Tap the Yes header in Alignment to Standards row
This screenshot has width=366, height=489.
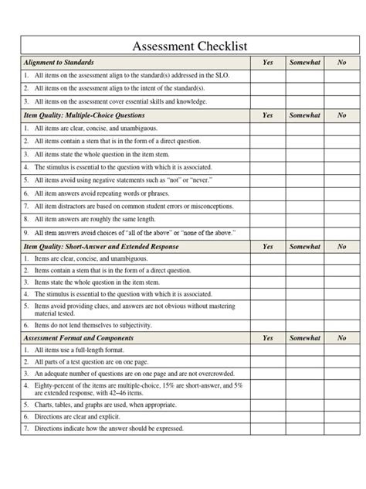pyautogui.click(x=267, y=63)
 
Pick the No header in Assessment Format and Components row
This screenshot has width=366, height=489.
pyautogui.click(x=341, y=338)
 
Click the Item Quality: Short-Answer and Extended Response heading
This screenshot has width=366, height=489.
pyautogui.click(x=100, y=246)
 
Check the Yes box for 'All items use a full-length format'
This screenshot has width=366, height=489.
pyautogui.click(x=267, y=351)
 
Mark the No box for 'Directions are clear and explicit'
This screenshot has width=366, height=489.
pyautogui.click(x=341, y=415)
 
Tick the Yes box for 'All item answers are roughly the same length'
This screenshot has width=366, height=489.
pyautogui.click(x=267, y=220)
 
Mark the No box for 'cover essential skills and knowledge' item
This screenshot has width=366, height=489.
pyautogui.click(x=341, y=101)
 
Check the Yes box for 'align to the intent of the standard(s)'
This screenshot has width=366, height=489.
pyautogui.click(x=267, y=89)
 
